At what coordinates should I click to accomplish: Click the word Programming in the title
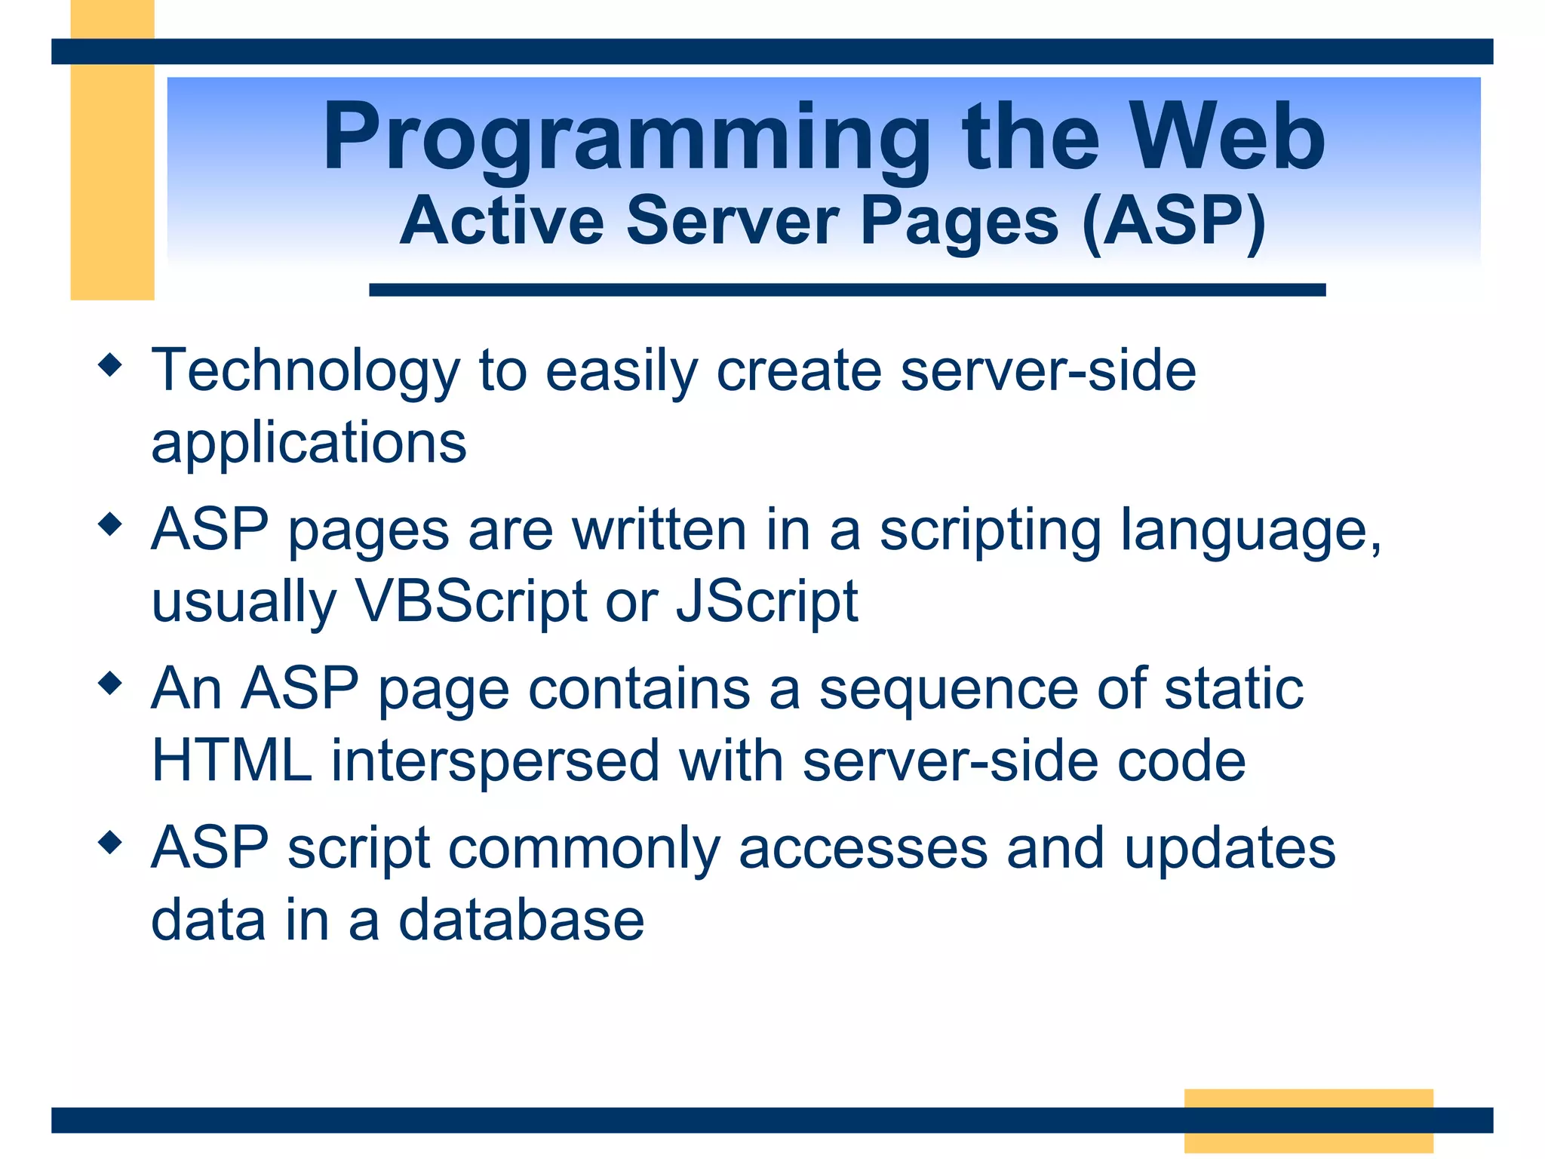626,140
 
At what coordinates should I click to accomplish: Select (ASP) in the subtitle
1174,221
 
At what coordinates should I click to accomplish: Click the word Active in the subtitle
502,221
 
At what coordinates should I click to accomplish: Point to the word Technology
305,371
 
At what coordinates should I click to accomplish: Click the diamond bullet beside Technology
110,365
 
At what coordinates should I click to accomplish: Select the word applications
309,444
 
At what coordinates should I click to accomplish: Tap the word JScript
766,601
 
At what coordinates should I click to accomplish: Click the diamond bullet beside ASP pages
110,524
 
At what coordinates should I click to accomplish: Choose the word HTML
232,761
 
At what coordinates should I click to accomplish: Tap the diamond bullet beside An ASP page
110,684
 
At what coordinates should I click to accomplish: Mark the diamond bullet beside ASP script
110,842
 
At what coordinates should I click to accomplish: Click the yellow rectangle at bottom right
1308,1099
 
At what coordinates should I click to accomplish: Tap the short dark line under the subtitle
846,290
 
